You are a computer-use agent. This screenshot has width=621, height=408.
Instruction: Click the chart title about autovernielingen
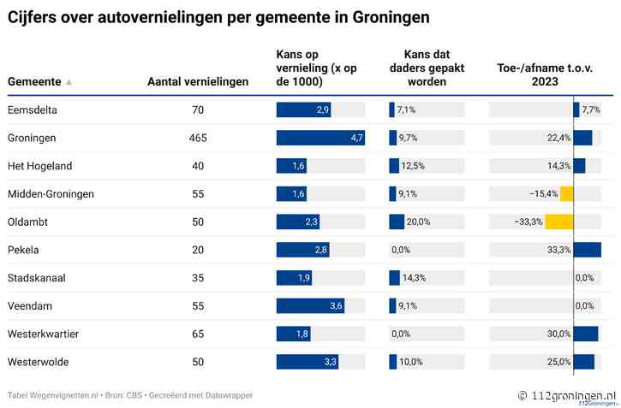218,17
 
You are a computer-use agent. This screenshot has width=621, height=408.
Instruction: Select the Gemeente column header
34,81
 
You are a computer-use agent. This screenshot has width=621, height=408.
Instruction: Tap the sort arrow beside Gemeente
69,82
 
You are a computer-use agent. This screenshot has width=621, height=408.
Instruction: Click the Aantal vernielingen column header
198,81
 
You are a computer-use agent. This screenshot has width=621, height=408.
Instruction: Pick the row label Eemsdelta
33,110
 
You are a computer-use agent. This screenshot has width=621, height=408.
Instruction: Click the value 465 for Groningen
198,138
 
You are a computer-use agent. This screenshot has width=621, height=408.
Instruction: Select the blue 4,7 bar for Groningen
320,138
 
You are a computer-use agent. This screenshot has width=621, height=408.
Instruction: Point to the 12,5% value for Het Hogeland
408,166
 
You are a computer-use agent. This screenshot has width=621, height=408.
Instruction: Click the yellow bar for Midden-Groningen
566,193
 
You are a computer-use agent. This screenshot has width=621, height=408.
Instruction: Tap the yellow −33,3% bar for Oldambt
559,222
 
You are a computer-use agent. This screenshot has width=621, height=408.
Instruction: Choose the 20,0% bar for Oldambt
397,222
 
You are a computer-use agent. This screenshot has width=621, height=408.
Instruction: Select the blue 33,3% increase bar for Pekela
587,250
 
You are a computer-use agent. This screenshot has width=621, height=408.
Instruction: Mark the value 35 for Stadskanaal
198,278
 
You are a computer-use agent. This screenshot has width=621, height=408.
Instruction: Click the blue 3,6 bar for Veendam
310,305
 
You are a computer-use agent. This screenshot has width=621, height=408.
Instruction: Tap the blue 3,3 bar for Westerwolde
308,362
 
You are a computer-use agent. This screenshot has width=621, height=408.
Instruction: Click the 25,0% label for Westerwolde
559,362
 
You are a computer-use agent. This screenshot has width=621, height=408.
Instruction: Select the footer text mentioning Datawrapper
130,395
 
